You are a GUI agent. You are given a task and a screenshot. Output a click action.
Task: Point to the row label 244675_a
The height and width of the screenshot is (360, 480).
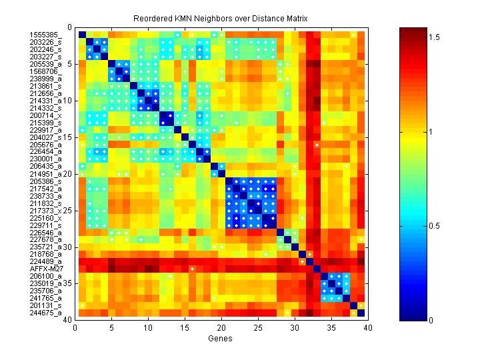coord(45,313)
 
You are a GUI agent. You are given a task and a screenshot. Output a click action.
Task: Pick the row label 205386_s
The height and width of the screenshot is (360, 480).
coord(45,181)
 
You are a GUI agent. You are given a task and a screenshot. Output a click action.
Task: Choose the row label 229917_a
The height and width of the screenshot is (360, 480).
coord(45,129)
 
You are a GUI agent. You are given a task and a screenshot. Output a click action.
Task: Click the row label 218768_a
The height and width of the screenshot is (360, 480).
coord(45,254)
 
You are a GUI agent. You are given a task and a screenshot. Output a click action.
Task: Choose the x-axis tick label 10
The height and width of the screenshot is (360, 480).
coord(148,327)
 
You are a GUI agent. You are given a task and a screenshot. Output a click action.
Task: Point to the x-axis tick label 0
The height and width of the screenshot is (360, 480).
coord(75,327)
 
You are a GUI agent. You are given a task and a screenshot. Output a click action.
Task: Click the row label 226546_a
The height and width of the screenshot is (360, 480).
coord(45,232)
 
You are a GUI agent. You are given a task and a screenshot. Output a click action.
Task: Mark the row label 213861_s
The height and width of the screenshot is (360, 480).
coord(45,86)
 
